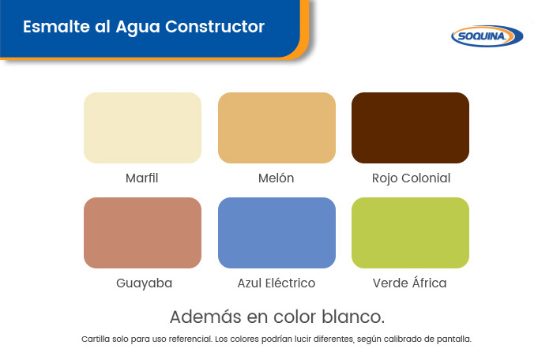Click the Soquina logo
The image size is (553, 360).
click(x=487, y=36)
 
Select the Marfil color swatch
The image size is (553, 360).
click(x=142, y=128)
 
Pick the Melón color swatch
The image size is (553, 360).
click(x=276, y=128)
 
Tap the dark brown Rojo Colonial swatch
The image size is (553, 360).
click(x=410, y=128)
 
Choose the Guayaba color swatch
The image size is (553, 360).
click(x=142, y=233)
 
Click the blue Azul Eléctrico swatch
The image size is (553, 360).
click(x=276, y=233)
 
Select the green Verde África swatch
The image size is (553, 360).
click(x=410, y=233)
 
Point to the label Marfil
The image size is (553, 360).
click(x=141, y=178)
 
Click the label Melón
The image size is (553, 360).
click(x=276, y=178)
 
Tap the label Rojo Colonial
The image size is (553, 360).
click(x=412, y=178)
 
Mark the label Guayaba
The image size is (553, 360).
click(x=145, y=283)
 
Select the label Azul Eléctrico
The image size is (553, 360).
click(x=276, y=283)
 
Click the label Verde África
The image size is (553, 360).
click(x=410, y=283)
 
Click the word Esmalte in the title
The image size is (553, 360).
click(x=56, y=27)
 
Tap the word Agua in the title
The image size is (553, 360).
click(x=137, y=28)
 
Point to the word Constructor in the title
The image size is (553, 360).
click(x=215, y=27)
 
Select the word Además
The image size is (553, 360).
click(x=205, y=317)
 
